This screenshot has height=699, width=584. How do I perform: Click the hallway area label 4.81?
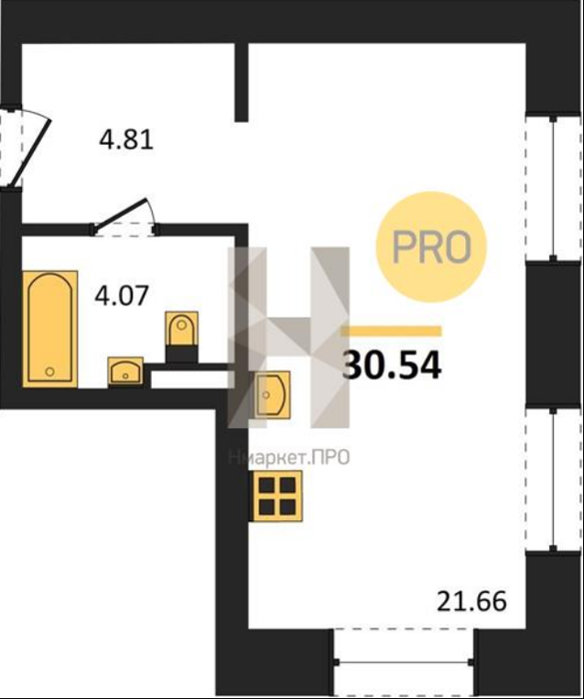(x=126, y=139)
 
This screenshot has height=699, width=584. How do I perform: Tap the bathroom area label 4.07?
(x=121, y=296)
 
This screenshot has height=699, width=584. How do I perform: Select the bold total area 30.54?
(x=392, y=365)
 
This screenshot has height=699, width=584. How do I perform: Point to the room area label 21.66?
(x=471, y=600)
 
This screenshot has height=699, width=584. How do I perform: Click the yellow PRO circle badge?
(x=431, y=247)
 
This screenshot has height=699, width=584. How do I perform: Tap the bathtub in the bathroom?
(x=50, y=329)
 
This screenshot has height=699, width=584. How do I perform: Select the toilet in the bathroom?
(x=182, y=329)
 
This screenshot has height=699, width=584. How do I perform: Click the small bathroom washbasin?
(x=125, y=370)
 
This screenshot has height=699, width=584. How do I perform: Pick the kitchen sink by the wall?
(x=272, y=395)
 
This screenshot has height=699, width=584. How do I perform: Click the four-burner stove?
(x=278, y=495)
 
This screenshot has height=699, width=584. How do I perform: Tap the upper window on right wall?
(x=554, y=189)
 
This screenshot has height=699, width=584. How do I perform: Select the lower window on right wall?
(x=554, y=479)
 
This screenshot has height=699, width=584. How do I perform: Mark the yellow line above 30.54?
(x=391, y=331)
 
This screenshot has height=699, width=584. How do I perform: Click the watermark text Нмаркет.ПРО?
(x=289, y=457)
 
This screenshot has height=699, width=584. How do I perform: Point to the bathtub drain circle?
(x=50, y=370)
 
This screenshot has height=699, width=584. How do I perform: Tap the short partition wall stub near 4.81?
(x=242, y=82)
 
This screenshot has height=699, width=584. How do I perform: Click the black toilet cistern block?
(x=182, y=353)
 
